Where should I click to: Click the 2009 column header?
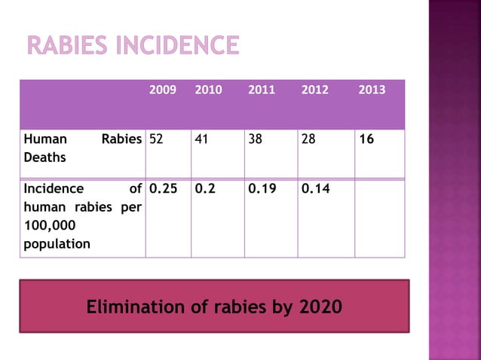163,90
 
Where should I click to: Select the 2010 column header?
208,90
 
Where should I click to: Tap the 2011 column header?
262,90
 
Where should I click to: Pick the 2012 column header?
314,90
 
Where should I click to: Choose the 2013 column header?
372,90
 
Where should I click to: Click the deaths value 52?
157,139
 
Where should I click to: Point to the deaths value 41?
201,139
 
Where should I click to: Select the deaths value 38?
255,139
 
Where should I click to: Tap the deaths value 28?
308,139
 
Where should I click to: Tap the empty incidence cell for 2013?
379,218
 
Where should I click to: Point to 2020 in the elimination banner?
320,307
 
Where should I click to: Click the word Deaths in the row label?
44,158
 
